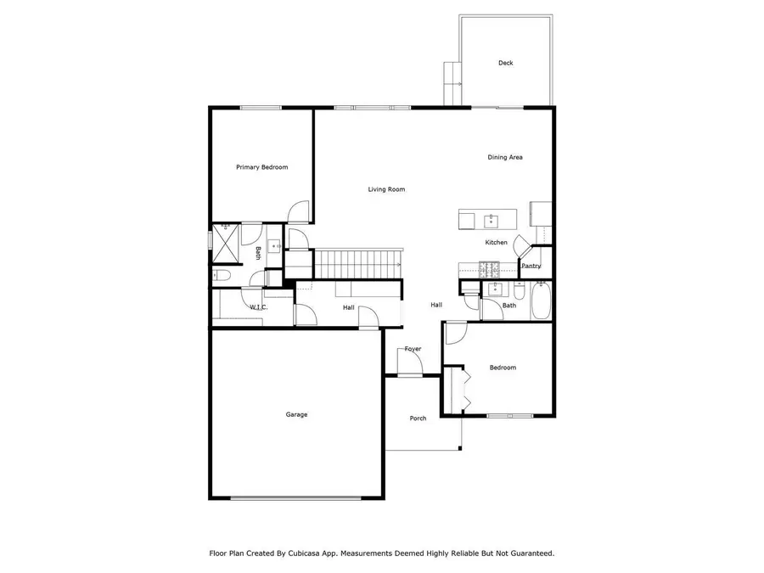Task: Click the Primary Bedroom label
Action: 261,167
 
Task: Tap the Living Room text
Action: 386,189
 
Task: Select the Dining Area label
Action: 504,157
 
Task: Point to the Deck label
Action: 505,63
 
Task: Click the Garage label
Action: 296,414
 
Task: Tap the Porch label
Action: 418,418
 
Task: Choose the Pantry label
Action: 531,266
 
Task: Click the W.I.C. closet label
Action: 259,307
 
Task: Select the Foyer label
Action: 413,349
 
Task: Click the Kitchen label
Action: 496,243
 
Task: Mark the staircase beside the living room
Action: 357,263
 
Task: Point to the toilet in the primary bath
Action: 219,275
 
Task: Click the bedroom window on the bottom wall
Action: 510,416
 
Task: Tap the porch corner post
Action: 462,447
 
